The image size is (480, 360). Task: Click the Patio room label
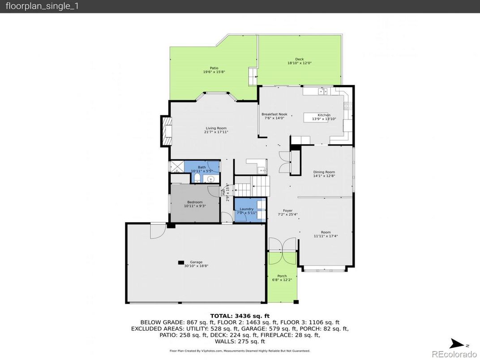(214, 68)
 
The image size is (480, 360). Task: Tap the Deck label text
(299, 60)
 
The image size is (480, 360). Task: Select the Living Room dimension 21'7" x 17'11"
(216, 132)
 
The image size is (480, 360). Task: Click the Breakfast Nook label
(274, 115)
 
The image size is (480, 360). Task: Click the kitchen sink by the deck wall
(323, 92)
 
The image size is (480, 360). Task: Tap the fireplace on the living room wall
(167, 131)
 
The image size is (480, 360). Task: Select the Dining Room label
(324, 172)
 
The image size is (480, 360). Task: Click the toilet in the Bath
(197, 178)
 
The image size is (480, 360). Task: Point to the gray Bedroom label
(195, 202)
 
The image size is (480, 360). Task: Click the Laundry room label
(246, 209)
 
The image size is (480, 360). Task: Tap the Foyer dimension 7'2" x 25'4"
(287, 214)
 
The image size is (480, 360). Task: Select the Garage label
(196, 262)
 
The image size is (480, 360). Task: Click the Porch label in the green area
(282, 276)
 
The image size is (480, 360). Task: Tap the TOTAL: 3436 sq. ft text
(240, 316)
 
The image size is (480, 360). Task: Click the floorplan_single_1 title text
(42, 7)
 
